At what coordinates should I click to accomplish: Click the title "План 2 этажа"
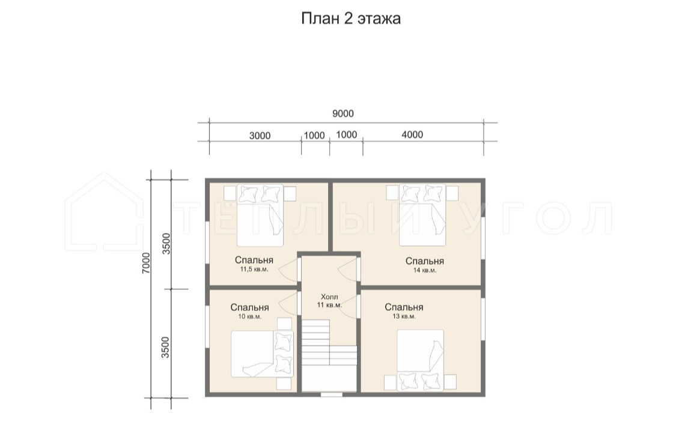[x=350, y=19]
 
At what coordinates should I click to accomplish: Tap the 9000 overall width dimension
[x=343, y=113]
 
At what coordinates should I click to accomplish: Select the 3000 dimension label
[x=260, y=136]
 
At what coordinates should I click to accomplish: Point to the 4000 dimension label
[x=412, y=135]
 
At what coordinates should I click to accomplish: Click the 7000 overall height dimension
[x=146, y=263]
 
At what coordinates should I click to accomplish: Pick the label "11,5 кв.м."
[x=254, y=270]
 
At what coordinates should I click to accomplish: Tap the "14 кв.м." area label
[x=425, y=270]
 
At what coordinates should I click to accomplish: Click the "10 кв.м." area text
[x=249, y=316]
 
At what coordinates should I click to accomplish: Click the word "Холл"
[x=329, y=297]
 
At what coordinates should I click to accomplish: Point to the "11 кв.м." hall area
[x=329, y=306]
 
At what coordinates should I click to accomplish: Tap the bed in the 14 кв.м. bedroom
[x=422, y=215]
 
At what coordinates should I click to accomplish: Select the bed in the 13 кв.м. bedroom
[x=421, y=360]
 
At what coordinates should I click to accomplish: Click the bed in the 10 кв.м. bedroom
[x=262, y=354]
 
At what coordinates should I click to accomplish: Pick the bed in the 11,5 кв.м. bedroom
[x=260, y=216]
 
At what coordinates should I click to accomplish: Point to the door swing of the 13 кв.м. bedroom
[x=349, y=307]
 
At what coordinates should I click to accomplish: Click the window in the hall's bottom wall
[x=332, y=394]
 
